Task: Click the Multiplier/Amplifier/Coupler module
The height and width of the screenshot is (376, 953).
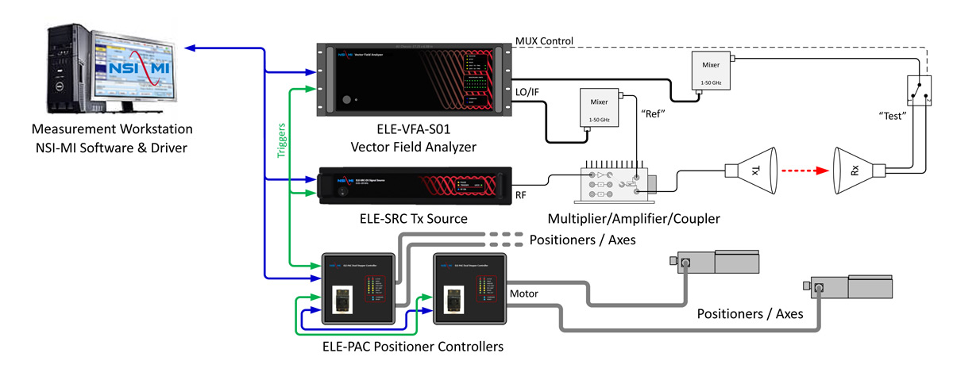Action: pyautogui.click(x=616, y=182)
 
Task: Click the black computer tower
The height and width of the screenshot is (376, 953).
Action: pyautogui.click(x=65, y=67)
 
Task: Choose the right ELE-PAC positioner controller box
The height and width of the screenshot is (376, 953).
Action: pyautogui.click(x=469, y=289)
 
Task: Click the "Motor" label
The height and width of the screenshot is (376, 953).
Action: pyautogui.click(x=524, y=294)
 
